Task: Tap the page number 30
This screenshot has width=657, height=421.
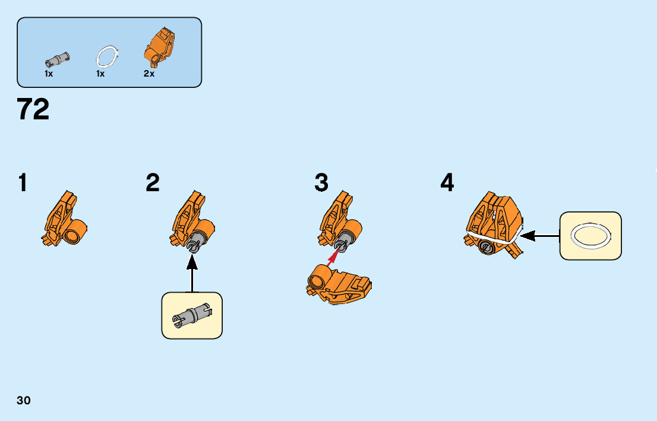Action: pyautogui.click(x=24, y=400)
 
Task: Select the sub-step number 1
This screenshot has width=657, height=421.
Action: pyautogui.click(x=23, y=183)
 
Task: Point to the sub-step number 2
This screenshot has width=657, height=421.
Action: pyautogui.click(x=153, y=183)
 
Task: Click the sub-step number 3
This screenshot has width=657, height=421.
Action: pyautogui.click(x=321, y=183)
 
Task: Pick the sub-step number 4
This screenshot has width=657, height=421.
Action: pyautogui.click(x=447, y=183)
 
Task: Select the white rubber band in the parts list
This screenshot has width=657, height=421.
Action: pyautogui.click(x=108, y=56)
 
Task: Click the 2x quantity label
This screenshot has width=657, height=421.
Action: pyautogui.click(x=149, y=74)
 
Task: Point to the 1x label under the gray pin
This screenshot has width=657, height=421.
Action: pyautogui.click(x=49, y=74)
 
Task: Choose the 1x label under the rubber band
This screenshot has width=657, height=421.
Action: pyautogui.click(x=100, y=74)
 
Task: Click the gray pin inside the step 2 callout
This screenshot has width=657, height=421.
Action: pyautogui.click(x=191, y=315)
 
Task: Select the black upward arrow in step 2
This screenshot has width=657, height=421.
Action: pyautogui.click(x=192, y=274)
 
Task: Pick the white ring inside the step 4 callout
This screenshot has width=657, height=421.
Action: pyautogui.click(x=590, y=236)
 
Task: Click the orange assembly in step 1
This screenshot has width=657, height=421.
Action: pyautogui.click(x=65, y=221)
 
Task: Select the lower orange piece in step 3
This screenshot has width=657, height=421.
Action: pyautogui.click(x=339, y=285)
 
